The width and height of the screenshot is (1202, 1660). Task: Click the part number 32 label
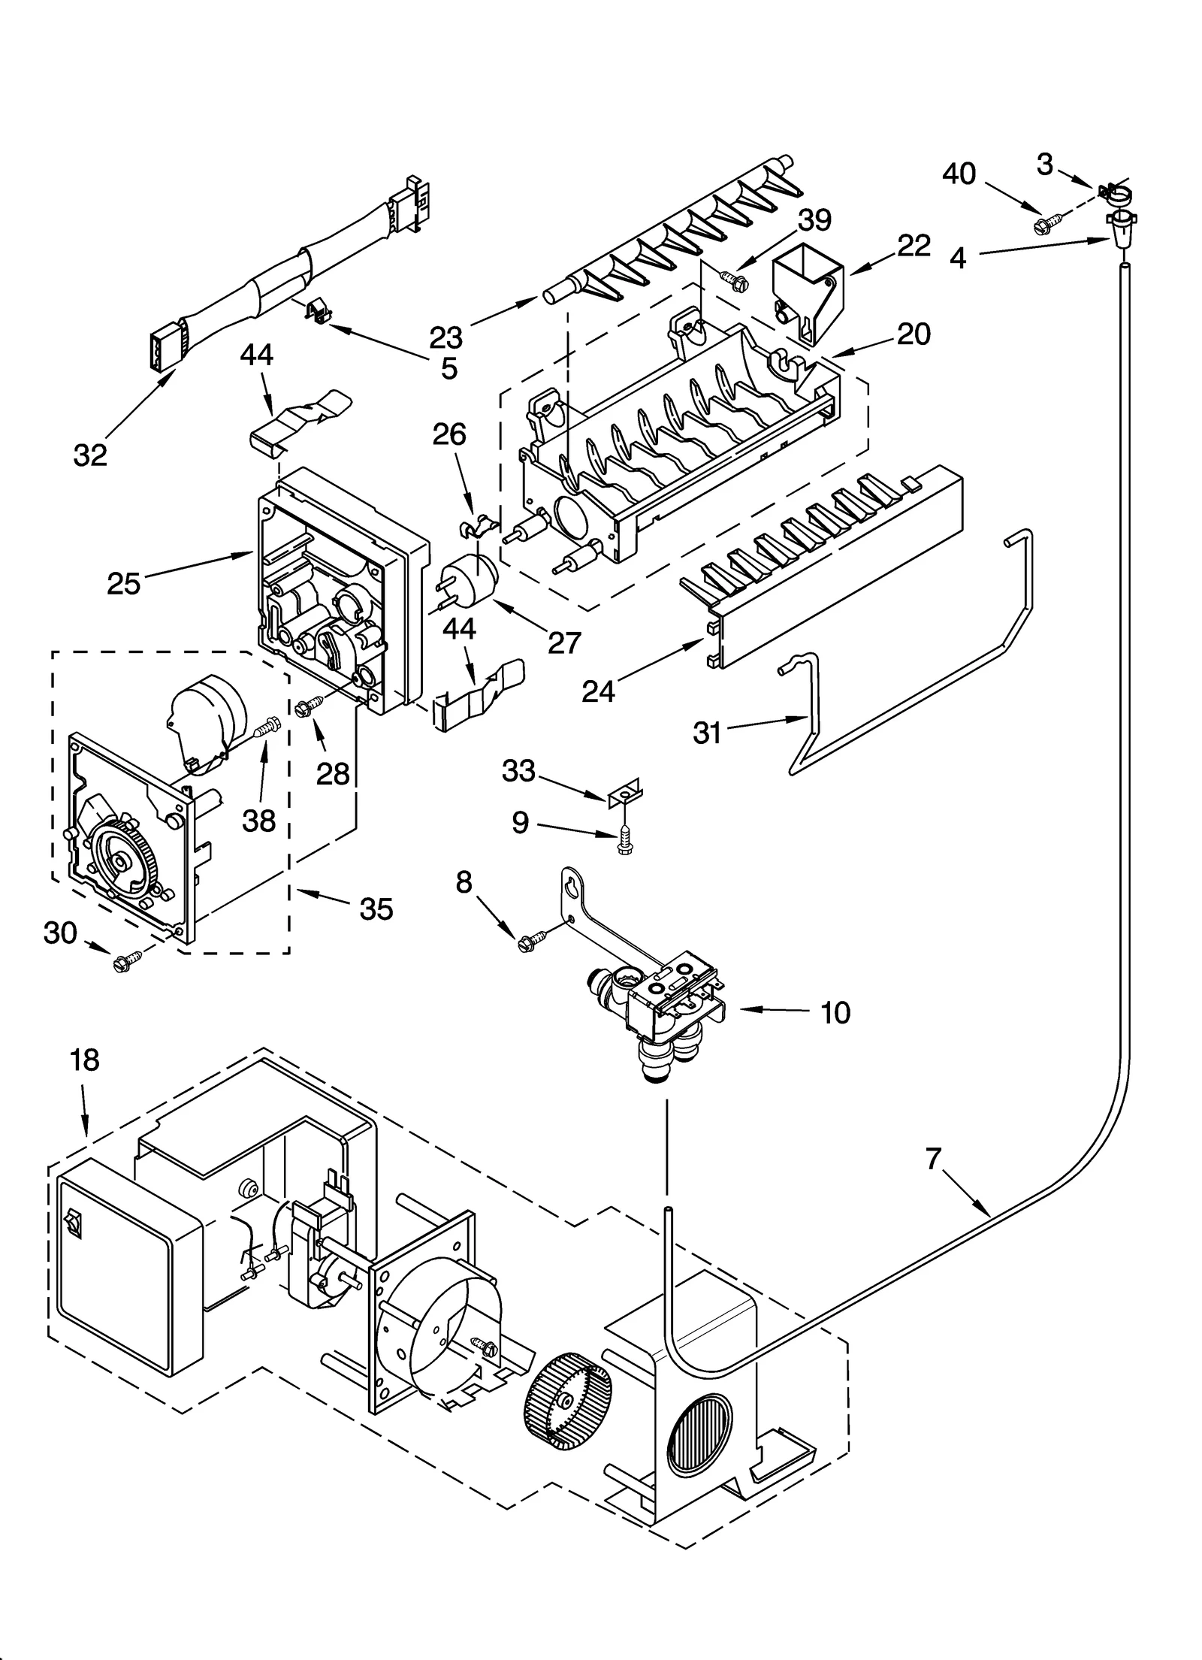click(89, 455)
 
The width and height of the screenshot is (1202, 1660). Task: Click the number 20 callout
click(913, 334)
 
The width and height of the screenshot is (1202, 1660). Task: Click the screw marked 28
click(310, 706)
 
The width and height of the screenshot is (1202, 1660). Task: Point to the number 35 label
click(376, 909)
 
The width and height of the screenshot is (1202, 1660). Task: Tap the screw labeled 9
click(624, 840)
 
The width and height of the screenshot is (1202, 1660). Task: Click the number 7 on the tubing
click(933, 1160)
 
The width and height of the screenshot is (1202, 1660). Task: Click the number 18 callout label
click(84, 1060)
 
